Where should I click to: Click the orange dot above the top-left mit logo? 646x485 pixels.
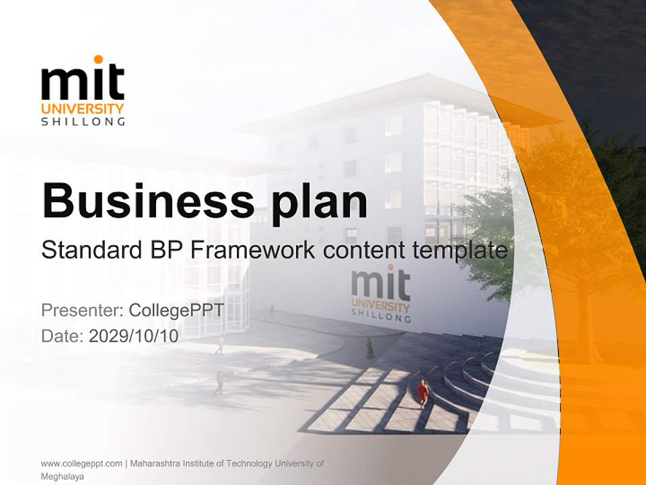click(98, 59)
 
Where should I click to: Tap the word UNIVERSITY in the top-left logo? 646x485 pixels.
click(83, 108)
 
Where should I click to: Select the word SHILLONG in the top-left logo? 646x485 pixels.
click(83, 122)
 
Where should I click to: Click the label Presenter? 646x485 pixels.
click(81, 311)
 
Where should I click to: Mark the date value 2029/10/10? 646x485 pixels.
click(133, 335)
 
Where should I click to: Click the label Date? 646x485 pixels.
click(63, 335)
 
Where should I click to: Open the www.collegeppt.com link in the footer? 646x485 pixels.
click(81, 463)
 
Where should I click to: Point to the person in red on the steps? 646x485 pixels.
click(423, 392)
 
